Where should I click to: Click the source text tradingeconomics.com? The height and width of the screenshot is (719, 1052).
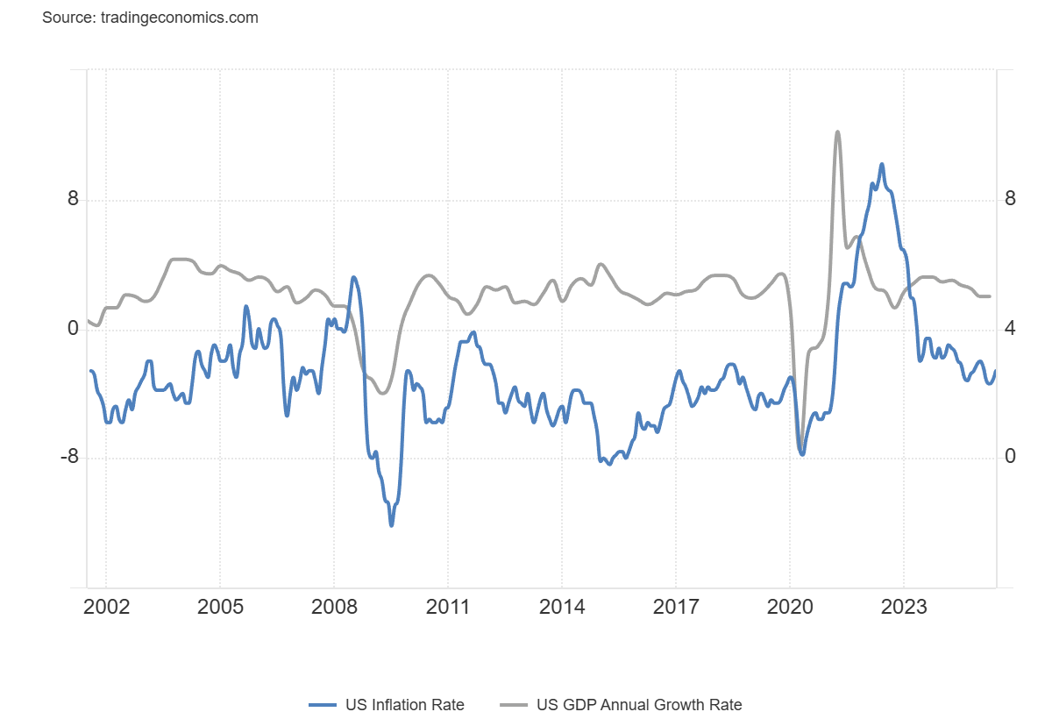[x=150, y=18]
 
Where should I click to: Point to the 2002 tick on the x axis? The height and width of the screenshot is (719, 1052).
[x=106, y=608]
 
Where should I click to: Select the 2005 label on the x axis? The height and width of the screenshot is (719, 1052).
[x=220, y=608]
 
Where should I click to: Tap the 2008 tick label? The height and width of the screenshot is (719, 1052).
[x=334, y=608]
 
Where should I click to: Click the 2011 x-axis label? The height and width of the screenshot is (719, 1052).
[x=448, y=608]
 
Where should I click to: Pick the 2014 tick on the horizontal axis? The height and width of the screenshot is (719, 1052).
[x=562, y=608]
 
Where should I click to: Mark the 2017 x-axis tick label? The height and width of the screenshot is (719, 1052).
[x=676, y=608]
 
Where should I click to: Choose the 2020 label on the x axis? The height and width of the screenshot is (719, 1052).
[x=790, y=608]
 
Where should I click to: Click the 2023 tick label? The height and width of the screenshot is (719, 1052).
[x=904, y=608]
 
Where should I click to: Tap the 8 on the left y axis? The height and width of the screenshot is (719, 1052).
[x=73, y=200]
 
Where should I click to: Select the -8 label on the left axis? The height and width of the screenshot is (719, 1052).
[x=69, y=458]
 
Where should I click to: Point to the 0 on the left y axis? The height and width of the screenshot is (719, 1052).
[x=73, y=329]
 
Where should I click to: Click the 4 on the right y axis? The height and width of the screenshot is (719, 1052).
[x=1010, y=329]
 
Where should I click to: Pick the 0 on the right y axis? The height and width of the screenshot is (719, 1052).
[x=1010, y=458]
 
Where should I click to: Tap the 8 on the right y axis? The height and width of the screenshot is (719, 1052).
[x=1010, y=200]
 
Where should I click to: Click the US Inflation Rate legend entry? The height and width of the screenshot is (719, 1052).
[x=387, y=705]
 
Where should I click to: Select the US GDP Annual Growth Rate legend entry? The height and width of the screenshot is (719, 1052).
[x=622, y=705]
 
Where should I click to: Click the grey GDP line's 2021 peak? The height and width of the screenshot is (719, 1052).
[x=837, y=132]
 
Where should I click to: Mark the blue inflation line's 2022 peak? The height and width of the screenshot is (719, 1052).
[x=881, y=164]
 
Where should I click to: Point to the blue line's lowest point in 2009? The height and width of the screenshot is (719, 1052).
[x=391, y=525]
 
